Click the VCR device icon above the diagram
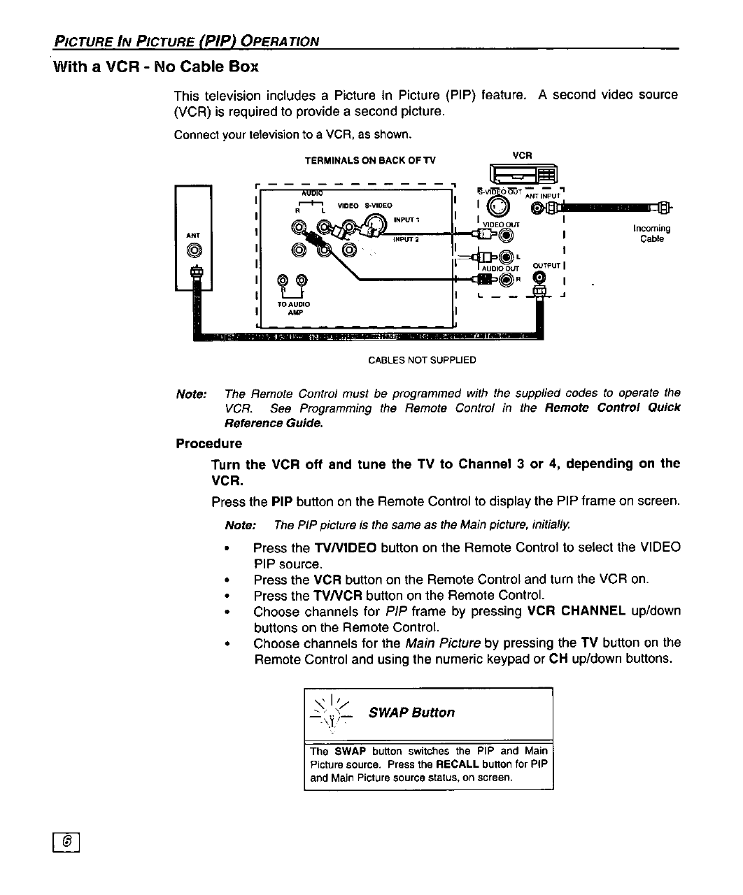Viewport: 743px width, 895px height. click(523, 175)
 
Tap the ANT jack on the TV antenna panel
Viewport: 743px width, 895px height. click(194, 250)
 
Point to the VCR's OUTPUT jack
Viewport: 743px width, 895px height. click(538, 278)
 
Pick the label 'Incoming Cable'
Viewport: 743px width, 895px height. click(651, 234)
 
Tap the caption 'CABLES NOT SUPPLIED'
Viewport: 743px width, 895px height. click(422, 360)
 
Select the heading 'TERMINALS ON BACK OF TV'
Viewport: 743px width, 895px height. click(369, 161)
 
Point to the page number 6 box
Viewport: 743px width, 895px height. click(68, 844)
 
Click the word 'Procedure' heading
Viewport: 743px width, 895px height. click(208, 443)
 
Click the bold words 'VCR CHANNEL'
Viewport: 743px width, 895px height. click(576, 610)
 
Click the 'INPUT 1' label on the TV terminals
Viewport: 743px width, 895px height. click(406, 220)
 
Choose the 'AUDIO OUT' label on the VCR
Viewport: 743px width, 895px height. click(502, 268)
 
